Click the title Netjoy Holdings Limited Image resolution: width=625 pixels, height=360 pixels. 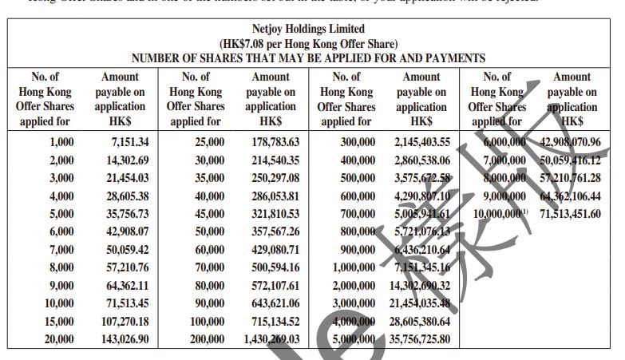click(308, 30)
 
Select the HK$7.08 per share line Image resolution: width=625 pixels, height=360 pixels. click(308, 44)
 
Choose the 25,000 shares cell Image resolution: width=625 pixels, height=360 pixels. click(208, 142)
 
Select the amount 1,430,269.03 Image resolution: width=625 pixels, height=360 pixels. click(271, 338)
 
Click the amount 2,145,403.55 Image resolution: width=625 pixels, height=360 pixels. click(422, 142)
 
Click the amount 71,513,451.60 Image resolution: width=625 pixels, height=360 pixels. click(570, 214)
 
